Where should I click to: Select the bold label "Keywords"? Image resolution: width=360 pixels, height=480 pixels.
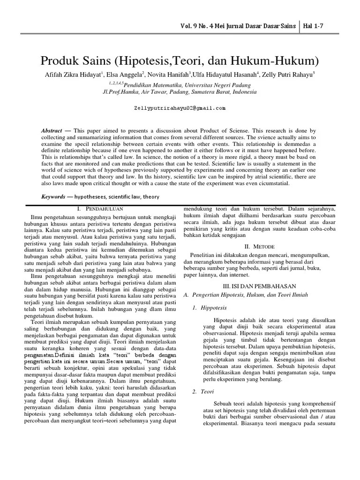[x=53, y=197]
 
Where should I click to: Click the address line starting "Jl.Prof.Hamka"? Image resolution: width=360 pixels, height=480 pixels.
[x=180, y=92]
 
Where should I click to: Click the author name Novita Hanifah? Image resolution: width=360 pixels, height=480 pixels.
[x=168, y=75]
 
